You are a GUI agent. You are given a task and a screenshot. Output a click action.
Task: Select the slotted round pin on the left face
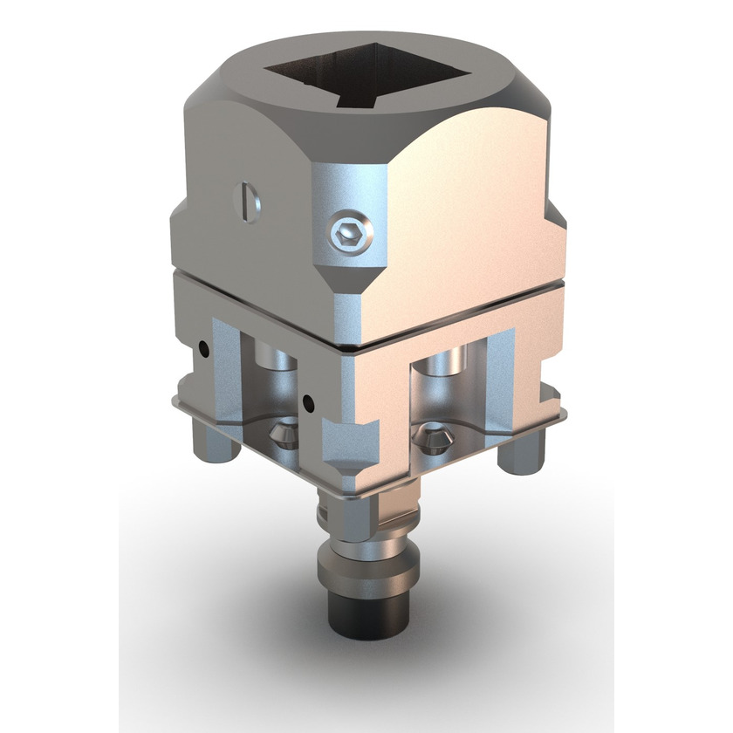[246, 200]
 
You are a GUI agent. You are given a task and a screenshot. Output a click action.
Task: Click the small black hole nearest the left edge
[203, 348]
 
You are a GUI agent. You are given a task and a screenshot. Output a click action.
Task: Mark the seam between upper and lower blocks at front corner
[349, 346]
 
